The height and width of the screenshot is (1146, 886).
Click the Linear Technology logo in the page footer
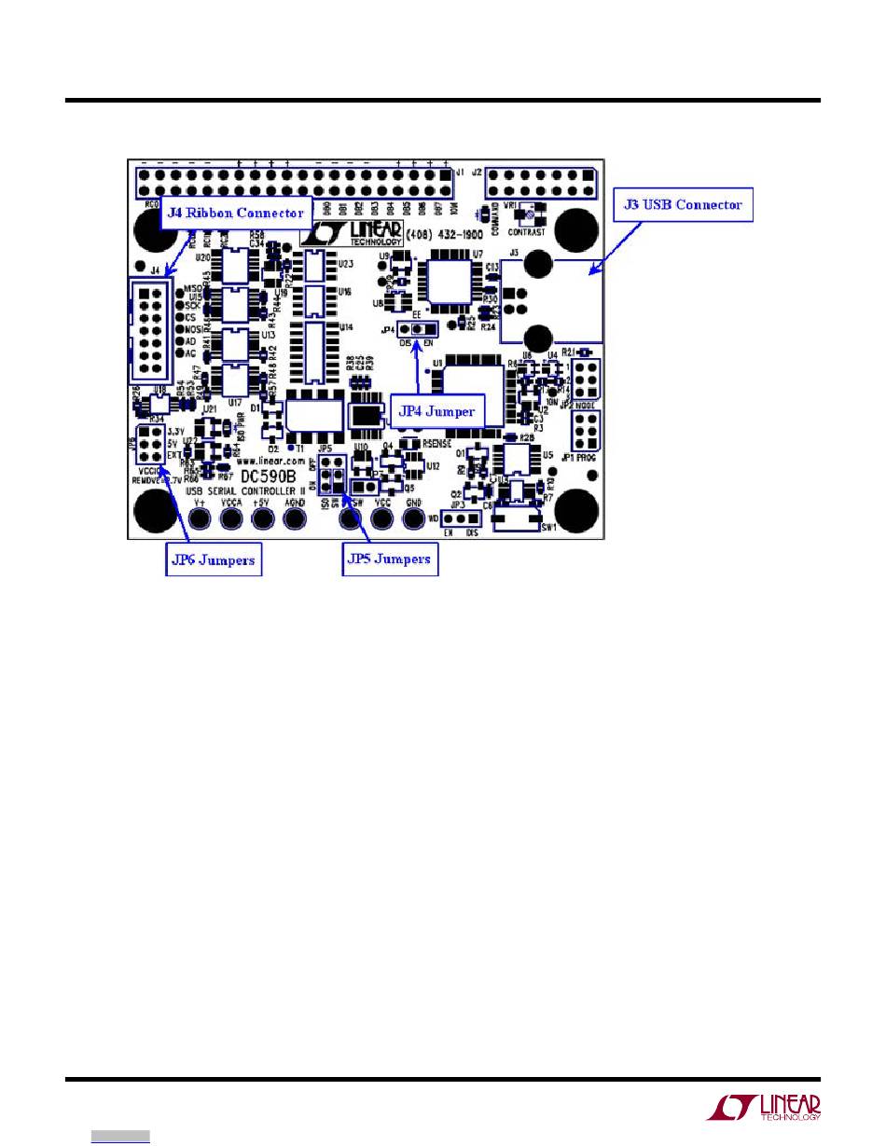coord(764,1106)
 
